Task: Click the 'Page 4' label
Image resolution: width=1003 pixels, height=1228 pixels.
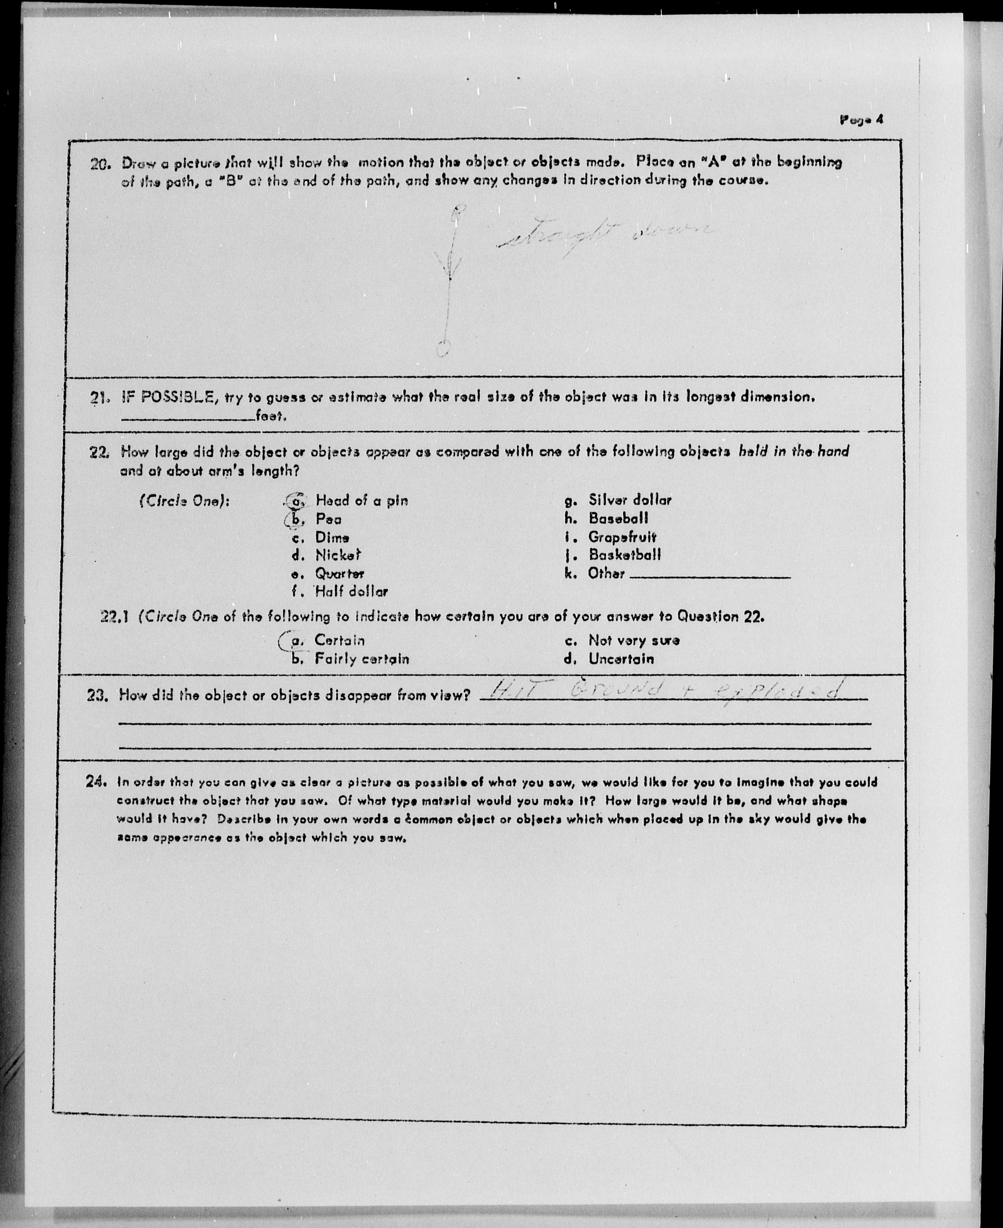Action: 861,120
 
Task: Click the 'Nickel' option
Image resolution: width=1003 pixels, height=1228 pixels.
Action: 337,556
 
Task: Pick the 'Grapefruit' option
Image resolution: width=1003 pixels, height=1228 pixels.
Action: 622,537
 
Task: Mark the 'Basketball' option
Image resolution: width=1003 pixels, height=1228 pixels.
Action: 625,555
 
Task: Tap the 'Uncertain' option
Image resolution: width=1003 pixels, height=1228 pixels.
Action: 621,659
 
